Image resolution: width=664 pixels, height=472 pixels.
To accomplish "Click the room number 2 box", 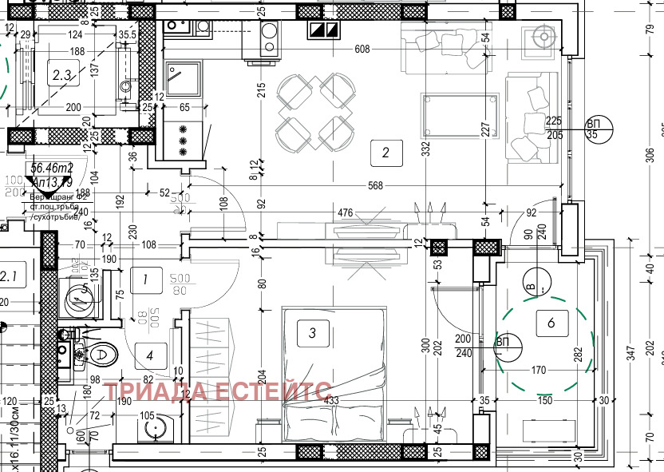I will (385, 153).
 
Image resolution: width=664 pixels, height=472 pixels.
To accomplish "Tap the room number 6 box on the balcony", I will (551, 323).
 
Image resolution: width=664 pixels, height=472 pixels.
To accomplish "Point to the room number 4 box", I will (151, 352).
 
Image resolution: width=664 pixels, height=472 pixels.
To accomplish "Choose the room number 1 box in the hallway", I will (144, 280).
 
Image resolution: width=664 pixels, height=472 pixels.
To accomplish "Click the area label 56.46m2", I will (52, 169).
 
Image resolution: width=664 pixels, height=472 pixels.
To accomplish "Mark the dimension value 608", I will (362, 50).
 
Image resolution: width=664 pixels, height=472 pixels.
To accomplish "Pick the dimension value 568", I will (376, 186).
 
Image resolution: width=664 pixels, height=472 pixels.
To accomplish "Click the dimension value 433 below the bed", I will (333, 400).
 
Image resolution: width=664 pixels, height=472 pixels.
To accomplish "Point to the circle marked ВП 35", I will (598, 129).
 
